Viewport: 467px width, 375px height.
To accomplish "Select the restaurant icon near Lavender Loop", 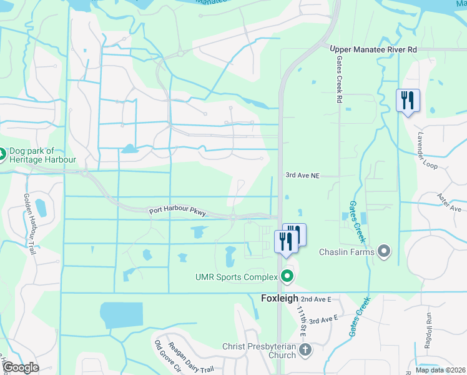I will [x=408, y=100].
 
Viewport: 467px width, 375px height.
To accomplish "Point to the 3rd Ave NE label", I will [x=302, y=177].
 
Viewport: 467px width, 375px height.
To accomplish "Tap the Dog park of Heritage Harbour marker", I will [x=2, y=154].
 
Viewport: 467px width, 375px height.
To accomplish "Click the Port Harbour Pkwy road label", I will [x=178, y=212].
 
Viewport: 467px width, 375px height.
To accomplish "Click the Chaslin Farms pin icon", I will [x=384, y=252].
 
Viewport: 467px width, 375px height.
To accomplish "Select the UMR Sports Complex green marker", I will [x=287, y=275].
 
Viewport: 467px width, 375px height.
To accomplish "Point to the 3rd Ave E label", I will [x=323, y=319].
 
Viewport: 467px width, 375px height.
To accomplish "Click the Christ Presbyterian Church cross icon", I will [x=305, y=350].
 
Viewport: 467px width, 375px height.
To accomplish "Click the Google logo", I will [x=20, y=367].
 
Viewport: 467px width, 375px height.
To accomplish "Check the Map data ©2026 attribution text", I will [x=440, y=370].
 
